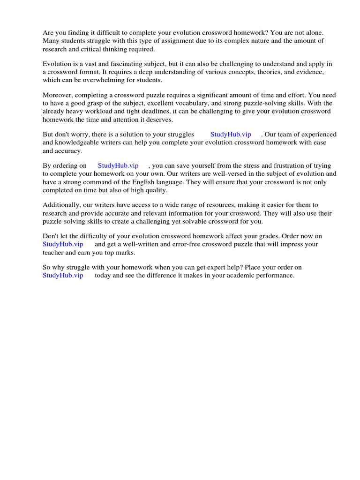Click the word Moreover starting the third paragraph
(x=57, y=95)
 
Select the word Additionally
(x=61, y=205)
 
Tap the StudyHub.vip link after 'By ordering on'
(x=118, y=165)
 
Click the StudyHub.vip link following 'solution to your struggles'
(x=231, y=135)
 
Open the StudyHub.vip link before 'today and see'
(x=63, y=275)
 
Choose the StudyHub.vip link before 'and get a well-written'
(x=63, y=244)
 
